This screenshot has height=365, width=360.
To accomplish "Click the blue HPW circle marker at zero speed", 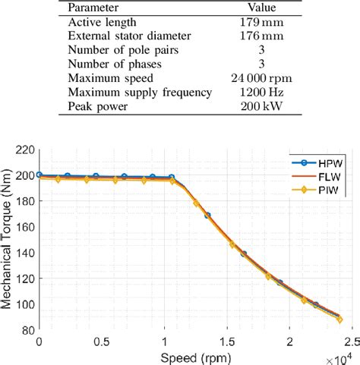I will [39, 175].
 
